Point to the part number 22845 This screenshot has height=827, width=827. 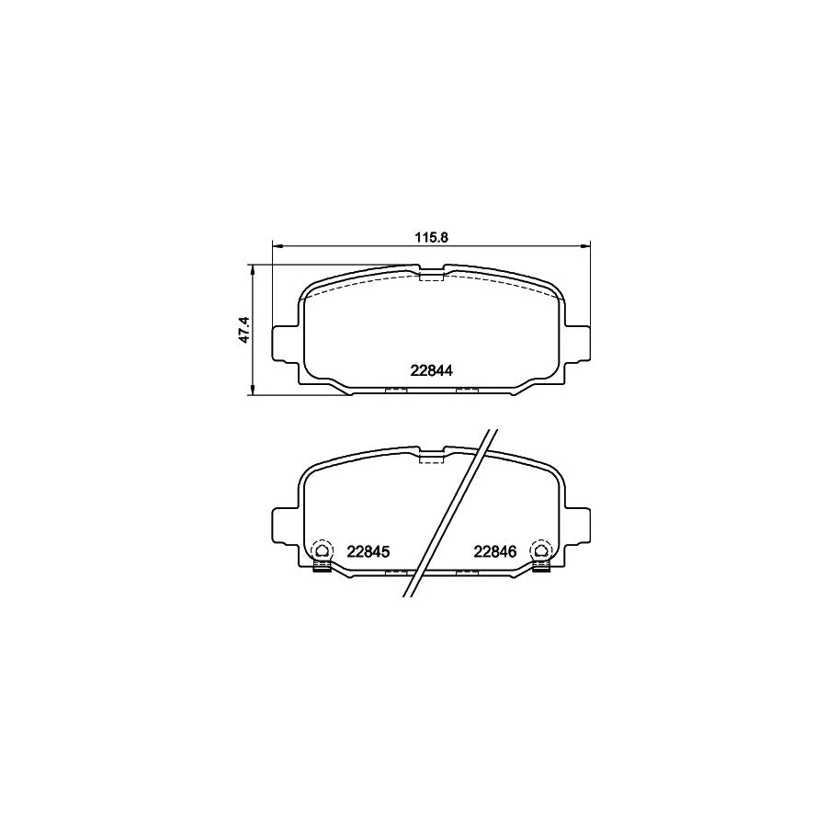[369, 551]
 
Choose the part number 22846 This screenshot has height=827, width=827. [496, 551]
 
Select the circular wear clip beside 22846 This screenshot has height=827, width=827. [541, 551]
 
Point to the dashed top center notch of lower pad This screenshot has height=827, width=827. [431, 458]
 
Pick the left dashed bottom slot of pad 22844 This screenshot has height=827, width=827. [395, 391]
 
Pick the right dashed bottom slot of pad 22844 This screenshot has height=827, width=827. [468, 391]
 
